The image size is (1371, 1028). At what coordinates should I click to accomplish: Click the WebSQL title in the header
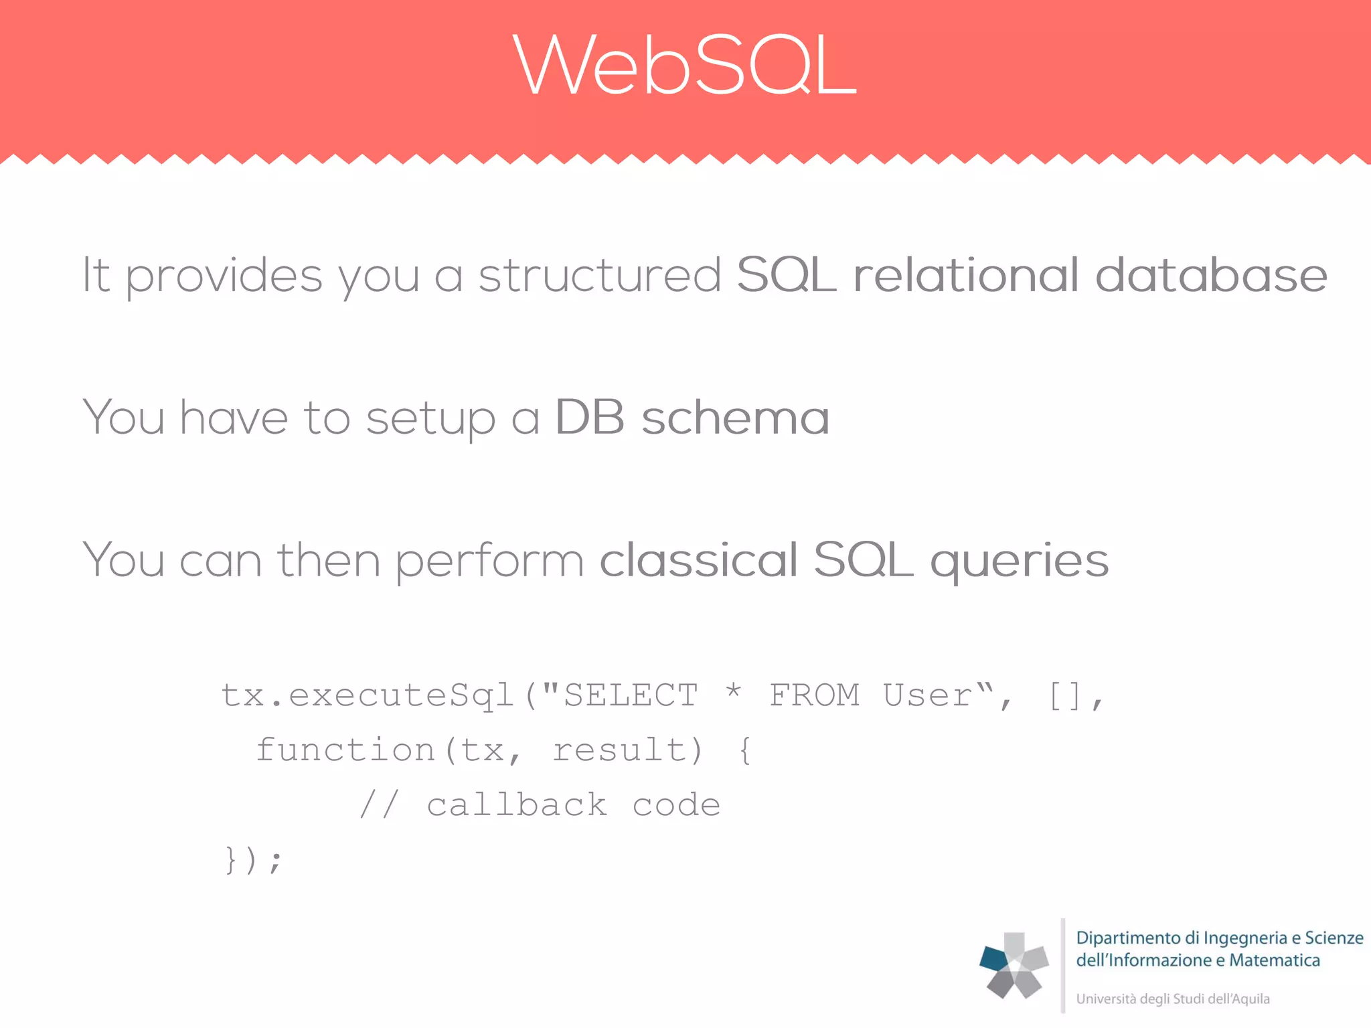tap(685, 66)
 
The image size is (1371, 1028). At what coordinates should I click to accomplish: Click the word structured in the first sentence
tap(599, 275)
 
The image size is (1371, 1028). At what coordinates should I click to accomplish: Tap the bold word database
tap(1210, 275)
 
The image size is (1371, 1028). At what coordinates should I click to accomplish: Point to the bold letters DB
tap(589, 418)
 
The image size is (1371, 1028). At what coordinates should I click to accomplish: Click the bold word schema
tap(735, 418)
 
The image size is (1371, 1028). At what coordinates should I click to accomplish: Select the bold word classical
tap(698, 560)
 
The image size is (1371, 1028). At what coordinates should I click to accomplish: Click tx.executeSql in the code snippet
tap(367, 695)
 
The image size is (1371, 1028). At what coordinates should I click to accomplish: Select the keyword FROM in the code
tap(814, 695)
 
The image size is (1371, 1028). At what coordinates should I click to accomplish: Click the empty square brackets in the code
tap(1065, 696)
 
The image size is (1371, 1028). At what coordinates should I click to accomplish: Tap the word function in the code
tap(345, 750)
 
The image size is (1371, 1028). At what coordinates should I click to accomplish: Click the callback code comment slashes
tap(379, 804)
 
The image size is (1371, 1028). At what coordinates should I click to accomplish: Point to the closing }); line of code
tap(253, 860)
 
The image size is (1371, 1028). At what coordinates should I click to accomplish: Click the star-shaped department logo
tap(1014, 965)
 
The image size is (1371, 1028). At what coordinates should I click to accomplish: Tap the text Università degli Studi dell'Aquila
tap(1172, 999)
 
